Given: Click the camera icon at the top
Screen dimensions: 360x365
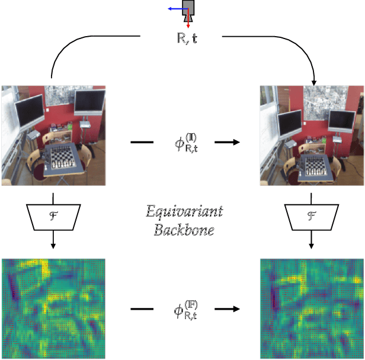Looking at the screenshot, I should pyautogui.click(x=188, y=8).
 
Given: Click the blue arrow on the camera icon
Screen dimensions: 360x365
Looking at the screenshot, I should pyautogui.click(x=175, y=9).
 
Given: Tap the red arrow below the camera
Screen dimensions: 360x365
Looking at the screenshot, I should pyautogui.click(x=188, y=23).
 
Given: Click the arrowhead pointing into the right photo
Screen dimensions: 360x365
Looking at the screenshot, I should pyautogui.click(x=314, y=80).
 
